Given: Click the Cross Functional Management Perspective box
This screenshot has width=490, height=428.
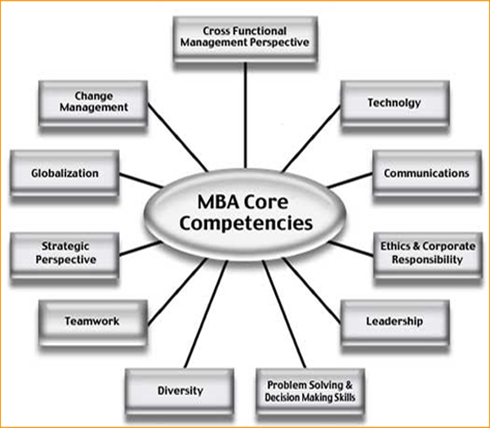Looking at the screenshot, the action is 245,38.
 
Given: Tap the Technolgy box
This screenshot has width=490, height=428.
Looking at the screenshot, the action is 394,104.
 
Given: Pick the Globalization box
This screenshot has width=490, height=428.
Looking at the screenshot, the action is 65,174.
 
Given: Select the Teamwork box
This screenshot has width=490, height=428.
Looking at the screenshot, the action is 92,321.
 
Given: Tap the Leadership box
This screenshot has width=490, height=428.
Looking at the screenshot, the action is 394,321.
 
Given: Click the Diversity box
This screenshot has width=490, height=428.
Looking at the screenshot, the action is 180,390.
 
